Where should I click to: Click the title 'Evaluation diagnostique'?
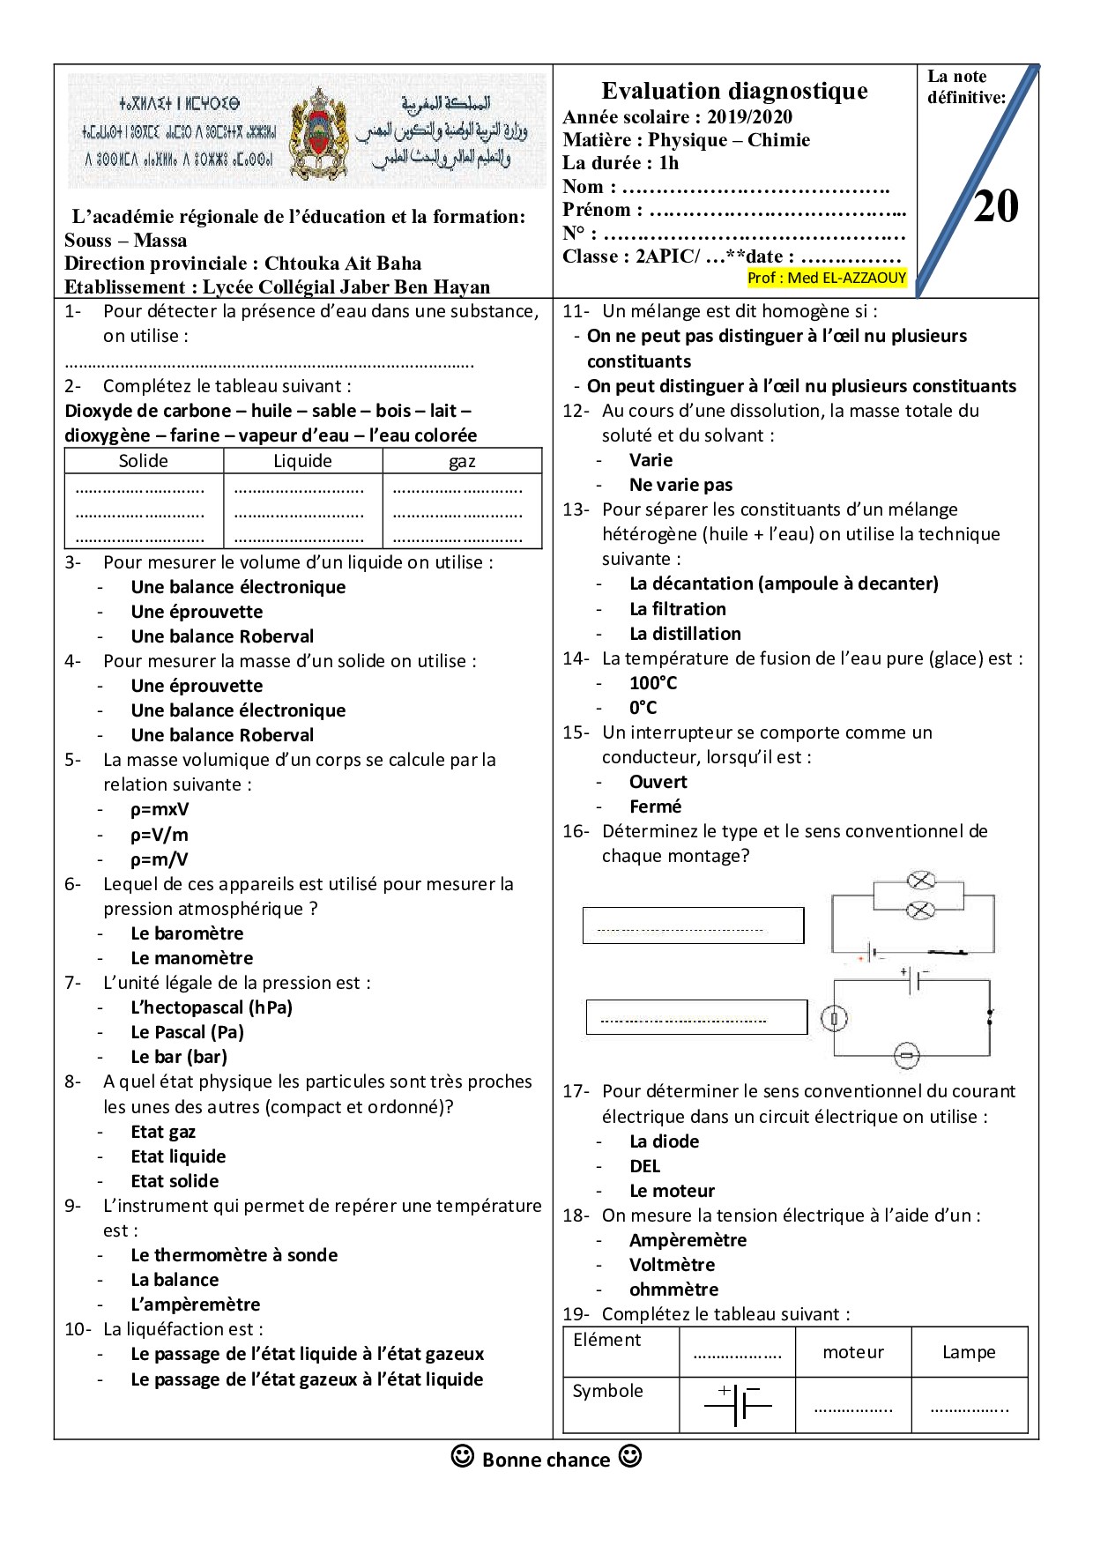click(734, 91)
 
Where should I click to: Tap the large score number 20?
click(995, 206)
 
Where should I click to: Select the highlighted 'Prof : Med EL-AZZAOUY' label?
click(826, 278)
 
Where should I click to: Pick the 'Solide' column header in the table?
click(144, 461)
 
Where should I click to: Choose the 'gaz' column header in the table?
click(462, 461)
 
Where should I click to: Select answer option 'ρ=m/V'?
click(160, 859)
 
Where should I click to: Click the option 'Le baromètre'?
click(187, 933)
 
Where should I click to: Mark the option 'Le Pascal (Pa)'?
click(187, 1032)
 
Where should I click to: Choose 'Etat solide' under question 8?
click(175, 1181)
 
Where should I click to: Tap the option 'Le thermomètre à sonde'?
click(234, 1255)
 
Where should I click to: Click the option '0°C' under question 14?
click(643, 708)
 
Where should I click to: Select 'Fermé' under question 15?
click(655, 806)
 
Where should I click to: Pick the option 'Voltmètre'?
click(672, 1265)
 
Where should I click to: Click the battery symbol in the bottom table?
click(737, 1404)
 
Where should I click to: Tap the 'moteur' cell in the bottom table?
click(852, 1352)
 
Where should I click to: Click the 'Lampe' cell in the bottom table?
click(969, 1352)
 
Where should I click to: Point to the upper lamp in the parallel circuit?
click(920, 881)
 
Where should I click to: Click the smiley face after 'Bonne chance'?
click(629, 1456)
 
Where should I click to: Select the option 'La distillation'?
click(685, 634)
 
